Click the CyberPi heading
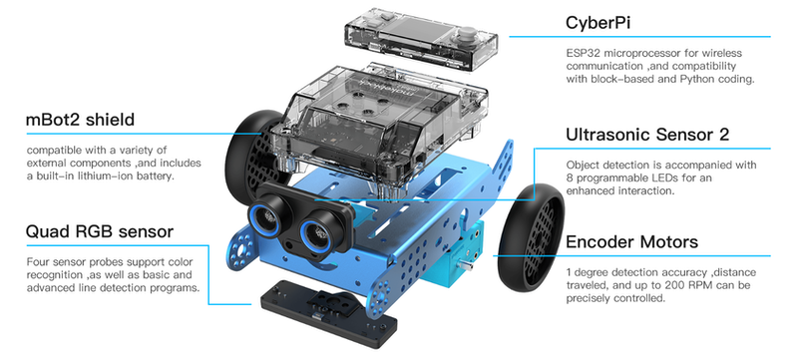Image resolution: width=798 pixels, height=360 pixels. point(598,23)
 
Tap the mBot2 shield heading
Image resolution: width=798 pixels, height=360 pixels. point(80,120)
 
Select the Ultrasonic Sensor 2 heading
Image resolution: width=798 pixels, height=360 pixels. point(647,135)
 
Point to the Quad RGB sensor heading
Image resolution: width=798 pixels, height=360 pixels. point(100,232)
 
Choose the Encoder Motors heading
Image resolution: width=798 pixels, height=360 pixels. point(631,241)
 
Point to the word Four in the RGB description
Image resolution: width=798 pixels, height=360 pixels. point(36,262)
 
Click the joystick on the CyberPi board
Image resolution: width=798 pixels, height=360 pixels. point(466,37)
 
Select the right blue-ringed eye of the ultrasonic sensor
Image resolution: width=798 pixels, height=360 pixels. point(316,232)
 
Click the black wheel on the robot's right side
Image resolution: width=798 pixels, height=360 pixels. point(531,237)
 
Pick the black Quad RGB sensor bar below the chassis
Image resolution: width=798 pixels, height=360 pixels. point(329,316)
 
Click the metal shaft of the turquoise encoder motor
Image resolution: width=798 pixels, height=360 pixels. point(465,265)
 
